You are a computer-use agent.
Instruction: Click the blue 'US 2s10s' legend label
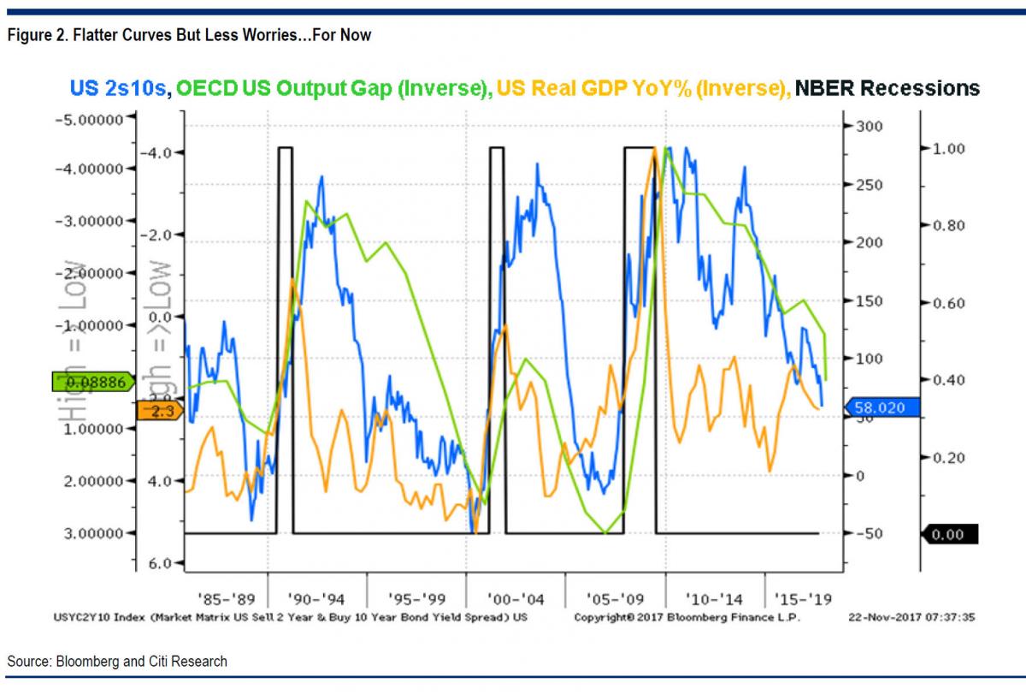click(x=119, y=88)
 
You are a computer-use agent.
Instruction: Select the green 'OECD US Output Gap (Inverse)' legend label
click(x=333, y=88)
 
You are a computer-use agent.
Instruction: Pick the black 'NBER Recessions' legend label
click(x=887, y=88)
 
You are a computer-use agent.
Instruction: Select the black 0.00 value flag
click(x=949, y=535)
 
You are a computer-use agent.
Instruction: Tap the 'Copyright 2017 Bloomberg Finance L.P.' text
click(x=687, y=616)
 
